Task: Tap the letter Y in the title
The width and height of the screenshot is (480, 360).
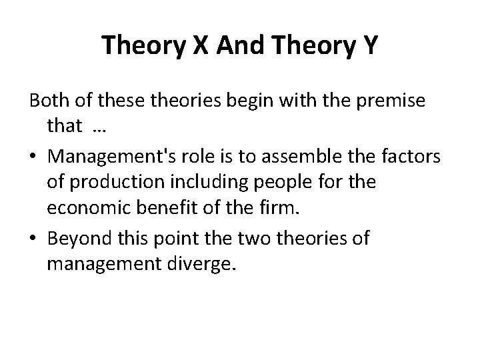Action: [x=370, y=45]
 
